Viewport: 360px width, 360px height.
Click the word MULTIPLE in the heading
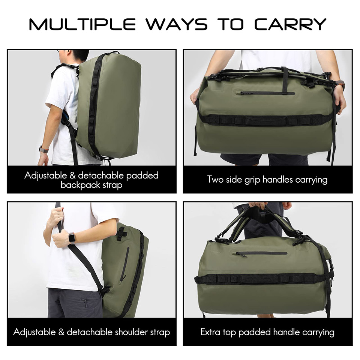tap(82, 24)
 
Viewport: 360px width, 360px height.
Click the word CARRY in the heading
tap(290, 24)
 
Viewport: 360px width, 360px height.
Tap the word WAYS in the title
tap(177, 24)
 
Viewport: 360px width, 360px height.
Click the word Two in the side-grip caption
tap(215, 179)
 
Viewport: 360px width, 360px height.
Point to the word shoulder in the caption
tap(131, 332)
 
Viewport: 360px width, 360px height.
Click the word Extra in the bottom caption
tap(210, 332)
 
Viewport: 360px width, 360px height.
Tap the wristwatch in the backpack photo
tap(43, 149)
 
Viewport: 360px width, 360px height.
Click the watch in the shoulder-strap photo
tap(72, 238)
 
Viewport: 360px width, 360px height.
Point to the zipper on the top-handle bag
tap(261, 253)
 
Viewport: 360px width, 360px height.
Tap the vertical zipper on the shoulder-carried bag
tap(124, 264)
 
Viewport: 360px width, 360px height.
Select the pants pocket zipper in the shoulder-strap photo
tap(85, 303)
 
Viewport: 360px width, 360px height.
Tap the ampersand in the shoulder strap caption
tap(61, 332)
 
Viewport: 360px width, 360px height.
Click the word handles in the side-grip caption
tap(278, 179)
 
